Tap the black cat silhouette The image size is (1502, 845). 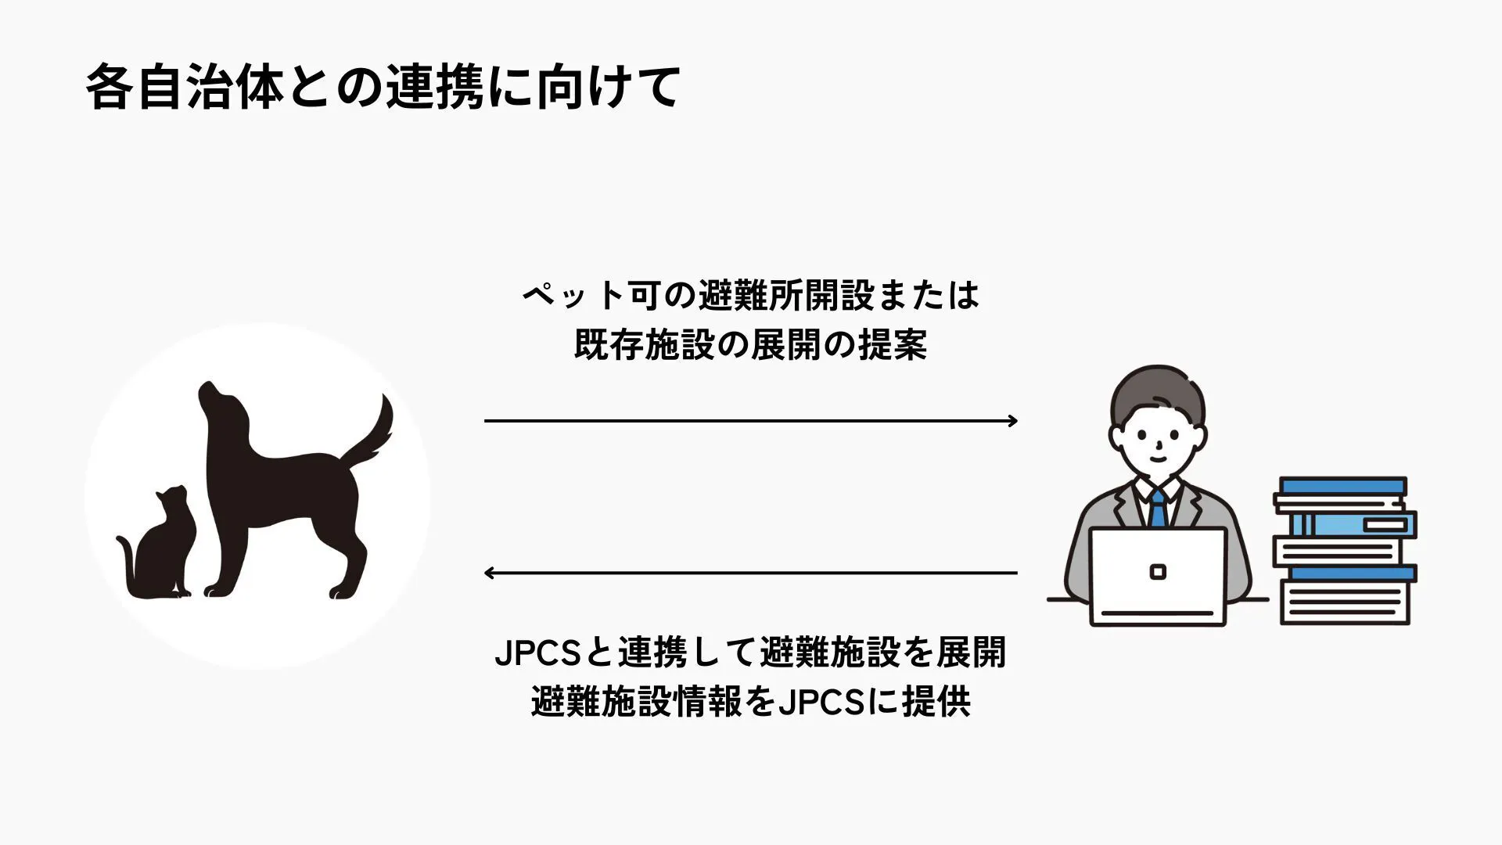[160, 548]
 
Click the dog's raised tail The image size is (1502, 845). [372, 434]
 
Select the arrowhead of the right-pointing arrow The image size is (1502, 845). [1013, 421]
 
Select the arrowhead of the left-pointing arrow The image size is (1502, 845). [489, 573]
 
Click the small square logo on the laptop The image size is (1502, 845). [1158, 572]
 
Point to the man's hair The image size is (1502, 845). [1157, 391]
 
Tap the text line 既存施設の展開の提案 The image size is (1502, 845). [751, 345]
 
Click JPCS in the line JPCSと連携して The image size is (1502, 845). [537, 654]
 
